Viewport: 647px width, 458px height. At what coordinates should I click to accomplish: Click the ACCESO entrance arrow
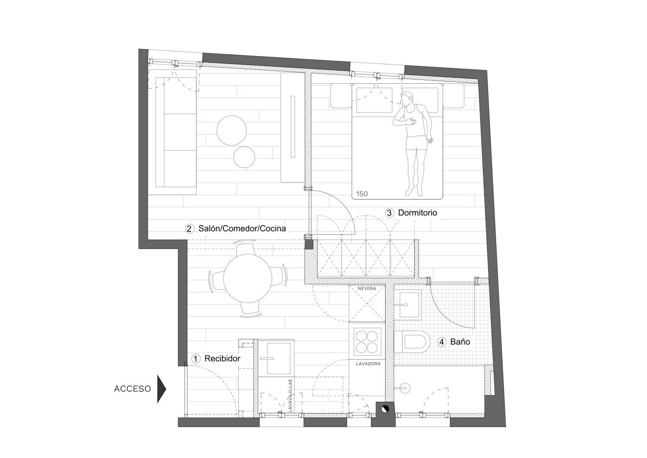(x=161, y=389)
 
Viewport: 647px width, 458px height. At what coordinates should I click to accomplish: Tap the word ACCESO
(x=132, y=389)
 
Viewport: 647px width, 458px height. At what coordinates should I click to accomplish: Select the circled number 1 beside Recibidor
(x=196, y=359)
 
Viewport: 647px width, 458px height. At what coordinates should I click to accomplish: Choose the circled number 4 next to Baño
(x=442, y=342)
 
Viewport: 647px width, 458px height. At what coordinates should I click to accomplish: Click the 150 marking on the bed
(x=362, y=194)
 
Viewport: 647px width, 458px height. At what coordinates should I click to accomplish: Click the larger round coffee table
(x=232, y=130)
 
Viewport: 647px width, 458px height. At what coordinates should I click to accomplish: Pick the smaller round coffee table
(x=245, y=157)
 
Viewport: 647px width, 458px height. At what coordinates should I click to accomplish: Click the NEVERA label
(x=367, y=288)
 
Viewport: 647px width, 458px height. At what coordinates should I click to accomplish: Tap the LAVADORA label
(x=368, y=364)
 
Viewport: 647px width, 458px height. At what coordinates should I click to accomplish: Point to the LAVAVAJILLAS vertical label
(x=290, y=395)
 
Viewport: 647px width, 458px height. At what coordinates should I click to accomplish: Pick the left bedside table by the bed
(x=341, y=96)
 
